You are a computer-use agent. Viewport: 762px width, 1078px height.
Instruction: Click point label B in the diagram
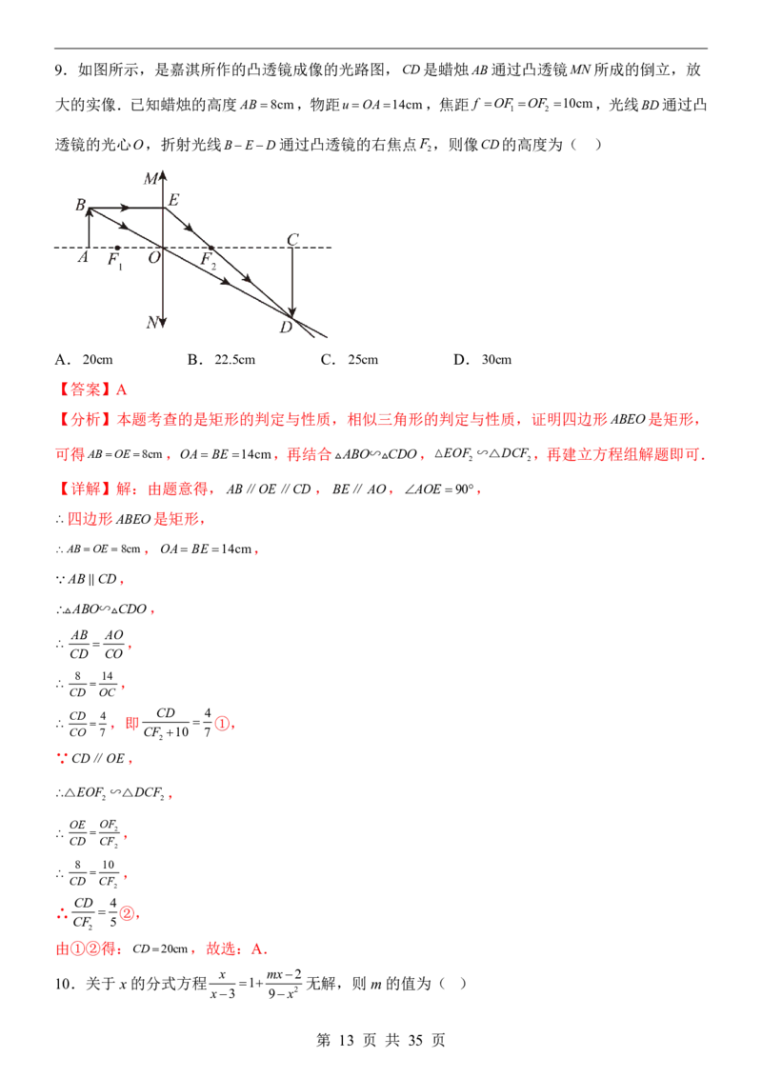(80, 205)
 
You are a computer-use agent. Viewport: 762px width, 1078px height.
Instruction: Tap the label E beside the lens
(173, 199)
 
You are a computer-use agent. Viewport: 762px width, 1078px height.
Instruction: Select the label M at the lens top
(150, 179)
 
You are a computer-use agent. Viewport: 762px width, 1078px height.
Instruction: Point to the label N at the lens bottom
(152, 323)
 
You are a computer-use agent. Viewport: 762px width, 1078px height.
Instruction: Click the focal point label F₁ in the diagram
(115, 261)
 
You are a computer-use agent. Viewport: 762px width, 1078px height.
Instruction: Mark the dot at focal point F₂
(211, 248)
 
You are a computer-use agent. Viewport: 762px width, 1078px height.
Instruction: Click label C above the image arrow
(293, 239)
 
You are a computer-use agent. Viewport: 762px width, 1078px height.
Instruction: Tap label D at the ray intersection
(286, 328)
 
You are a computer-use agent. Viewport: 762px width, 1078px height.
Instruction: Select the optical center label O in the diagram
(154, 258)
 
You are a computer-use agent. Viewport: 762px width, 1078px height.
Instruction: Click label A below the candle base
(83, 258)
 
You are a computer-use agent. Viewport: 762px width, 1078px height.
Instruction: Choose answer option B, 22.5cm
(221, 360)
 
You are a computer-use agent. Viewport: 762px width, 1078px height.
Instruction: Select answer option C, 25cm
(350, 360)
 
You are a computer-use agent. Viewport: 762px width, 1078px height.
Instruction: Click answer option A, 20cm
(84, 360)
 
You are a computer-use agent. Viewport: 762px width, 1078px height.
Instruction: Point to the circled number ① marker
(222, 723)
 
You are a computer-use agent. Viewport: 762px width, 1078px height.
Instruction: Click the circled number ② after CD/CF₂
(128, 913)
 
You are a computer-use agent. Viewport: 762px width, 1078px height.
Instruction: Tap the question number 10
(65, 984)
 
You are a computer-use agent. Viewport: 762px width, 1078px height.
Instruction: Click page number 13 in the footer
(346, 1040)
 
